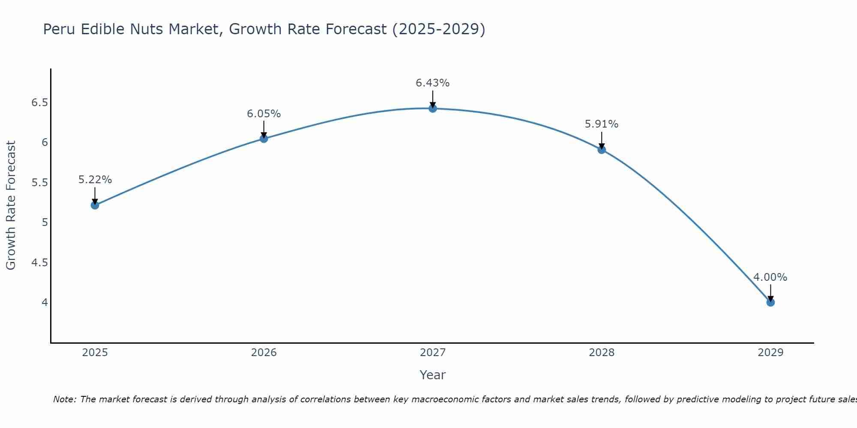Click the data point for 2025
pyautogui.click(x=95, y=205)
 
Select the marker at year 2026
pyautogui.click(x=264, y=139)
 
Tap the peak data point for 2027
pyautogui.click(x=433, y=108)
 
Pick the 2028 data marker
pyautogui.click(x=602, y=150)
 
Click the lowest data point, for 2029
pyautogui.click(x=770, y=303)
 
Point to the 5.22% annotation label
pyautogui.click(x=95, y=180)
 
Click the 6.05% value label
pyautogui.click(x=264, y=114)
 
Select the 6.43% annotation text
pyautogui.click(x=433, y=83)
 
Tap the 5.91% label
pyautogui.click(x=602, y=124)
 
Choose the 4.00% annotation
pyautogui.click(x=770, y=277)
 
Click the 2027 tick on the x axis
pyautogui.click(x=433, y=353)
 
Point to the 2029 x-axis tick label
pyautogui.click(x=770, y=353)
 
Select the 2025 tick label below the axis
pyautogui.click(x=95, y=353)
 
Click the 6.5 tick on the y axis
pyautogui.click(x=39, y=103)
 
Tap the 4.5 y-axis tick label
pyautogui.click(x=39, y=262)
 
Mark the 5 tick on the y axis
pyautogui.click(x=45, y=223)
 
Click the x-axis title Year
pyautogui.click(x=433, y=375)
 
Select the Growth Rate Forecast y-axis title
pyautogui.click(x=11, y=205)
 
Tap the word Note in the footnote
pyautogui.click(x=64, y=399)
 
